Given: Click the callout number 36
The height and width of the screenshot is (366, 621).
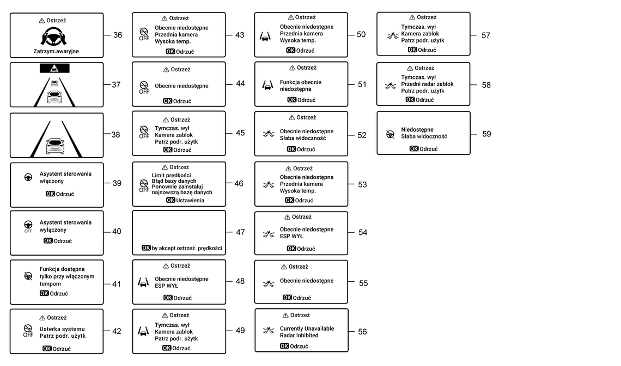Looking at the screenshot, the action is (x=118, y=35).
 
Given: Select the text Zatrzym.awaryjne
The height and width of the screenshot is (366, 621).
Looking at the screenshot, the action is (x=56, y=51).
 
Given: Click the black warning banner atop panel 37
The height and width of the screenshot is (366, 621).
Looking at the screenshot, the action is (x=54, y=69).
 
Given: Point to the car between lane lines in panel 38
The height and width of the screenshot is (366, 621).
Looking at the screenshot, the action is (x=55, y=146).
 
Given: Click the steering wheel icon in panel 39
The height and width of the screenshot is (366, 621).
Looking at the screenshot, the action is (x=28, y=177).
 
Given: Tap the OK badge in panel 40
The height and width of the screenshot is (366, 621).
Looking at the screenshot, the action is (x=48, y=241).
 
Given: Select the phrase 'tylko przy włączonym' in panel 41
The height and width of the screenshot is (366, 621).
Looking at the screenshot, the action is (x=67, y=276).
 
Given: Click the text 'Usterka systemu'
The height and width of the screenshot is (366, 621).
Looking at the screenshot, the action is (x=62, y=329).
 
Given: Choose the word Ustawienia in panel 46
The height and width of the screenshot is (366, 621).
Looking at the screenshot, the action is (x=190, y=200).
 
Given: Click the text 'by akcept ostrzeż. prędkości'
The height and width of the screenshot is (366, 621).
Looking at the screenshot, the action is (x=187, y=248).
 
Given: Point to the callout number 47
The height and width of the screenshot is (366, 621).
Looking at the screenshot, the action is (x=240, y=232).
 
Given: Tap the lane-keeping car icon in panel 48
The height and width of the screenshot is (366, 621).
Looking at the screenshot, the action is (x=143, y=282).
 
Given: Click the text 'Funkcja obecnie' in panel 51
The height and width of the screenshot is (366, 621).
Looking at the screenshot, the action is (x=301, y=82).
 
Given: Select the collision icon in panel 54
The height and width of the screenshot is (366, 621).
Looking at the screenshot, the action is (x=269, y=234).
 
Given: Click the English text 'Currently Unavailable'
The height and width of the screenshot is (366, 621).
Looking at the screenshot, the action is (x=307, y=328).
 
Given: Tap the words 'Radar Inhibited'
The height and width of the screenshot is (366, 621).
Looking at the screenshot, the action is (x=299, y=335).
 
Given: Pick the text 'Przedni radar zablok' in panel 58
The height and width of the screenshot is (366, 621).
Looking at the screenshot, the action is (x=427, y=84).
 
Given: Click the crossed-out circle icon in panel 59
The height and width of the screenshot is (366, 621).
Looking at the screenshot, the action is (x=391, y=134).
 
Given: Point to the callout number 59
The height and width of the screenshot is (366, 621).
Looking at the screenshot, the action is (x=487, y=134).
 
